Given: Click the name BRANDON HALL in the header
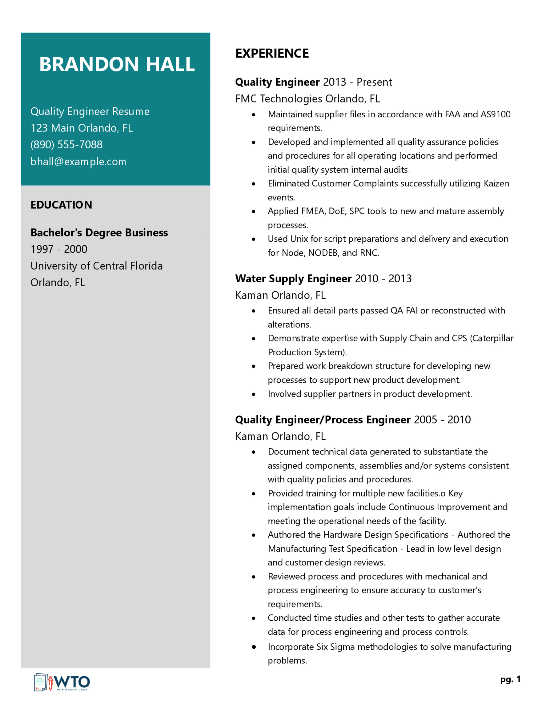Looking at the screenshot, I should click(x=117, y=64).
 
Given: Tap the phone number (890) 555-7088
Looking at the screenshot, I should click(x=66, y=144).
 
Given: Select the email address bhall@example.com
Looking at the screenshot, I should click(x=78, y=162).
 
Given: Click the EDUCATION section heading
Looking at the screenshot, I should click(x=61, y=205).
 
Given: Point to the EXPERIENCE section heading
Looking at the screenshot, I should click(x=272, y=54).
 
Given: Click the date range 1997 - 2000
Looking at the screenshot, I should click(x=59, y=249).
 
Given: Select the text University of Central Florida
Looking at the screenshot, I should click(x=97, y=266).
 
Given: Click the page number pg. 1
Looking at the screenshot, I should click(x=510, y=679).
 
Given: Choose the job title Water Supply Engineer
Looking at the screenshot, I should click(x=293, y=279).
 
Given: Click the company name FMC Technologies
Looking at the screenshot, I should click(x=279, y=99).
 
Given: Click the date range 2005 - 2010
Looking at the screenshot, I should click(x=442, y=420).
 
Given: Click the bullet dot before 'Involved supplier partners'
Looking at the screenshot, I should click(x=253, y=394).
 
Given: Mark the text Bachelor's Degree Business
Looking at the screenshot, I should click(x=99, y=232).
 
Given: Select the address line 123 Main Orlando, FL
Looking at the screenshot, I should click(x=82, y=128).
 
